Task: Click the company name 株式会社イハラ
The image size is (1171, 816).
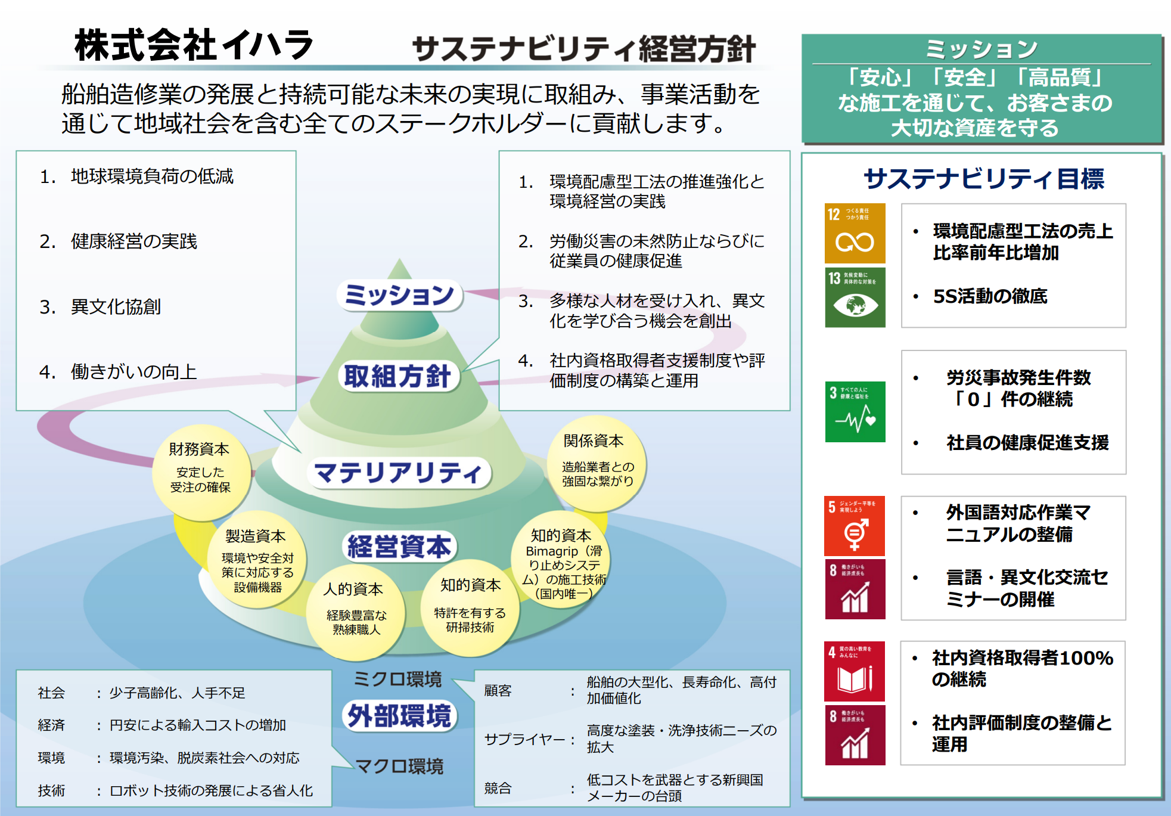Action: point(193,45)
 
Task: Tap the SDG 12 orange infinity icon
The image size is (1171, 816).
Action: point(855,234)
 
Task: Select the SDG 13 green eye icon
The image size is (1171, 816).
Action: point(855,297)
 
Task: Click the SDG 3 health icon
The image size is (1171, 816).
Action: point(855,412)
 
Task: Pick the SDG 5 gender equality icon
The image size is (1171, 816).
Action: point(855,526)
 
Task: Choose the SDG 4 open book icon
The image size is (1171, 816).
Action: point(855,671)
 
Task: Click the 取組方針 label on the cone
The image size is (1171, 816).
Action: point(398,376)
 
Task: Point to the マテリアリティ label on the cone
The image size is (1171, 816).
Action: point(398,473)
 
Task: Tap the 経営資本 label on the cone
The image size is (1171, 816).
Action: point(398,547)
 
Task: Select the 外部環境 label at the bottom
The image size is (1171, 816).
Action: point(399,716)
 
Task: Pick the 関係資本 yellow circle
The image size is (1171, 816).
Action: point(597,463)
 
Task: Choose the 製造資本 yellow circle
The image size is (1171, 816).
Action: point(257,560)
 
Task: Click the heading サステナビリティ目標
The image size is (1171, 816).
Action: point(983,178)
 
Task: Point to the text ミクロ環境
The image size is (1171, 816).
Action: point(397,679)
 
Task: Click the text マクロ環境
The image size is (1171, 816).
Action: point(399,766)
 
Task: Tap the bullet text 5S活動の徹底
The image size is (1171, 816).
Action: point(990,296)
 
